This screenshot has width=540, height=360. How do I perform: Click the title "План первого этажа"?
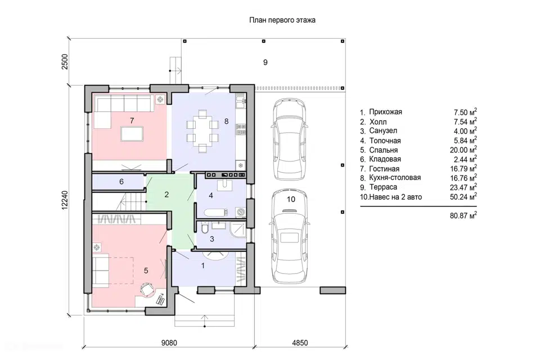coord(282,20)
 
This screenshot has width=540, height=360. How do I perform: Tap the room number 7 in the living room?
coord(132,120)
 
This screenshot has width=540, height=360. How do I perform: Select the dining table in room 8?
coord(202,131)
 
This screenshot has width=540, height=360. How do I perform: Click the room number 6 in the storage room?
coord(121,182)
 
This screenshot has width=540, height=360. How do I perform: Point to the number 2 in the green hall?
coord(166,195)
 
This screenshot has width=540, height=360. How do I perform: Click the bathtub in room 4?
coord(216,213)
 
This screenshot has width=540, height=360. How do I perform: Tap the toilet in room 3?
coord(205,228)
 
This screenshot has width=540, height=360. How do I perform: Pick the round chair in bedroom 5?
coord(147,289)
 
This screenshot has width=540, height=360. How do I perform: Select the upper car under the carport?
coord(289,138)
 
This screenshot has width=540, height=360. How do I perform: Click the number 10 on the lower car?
coord(291,199)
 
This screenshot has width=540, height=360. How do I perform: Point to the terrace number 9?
coord(265,62)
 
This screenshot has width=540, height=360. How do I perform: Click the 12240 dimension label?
coord(65,200)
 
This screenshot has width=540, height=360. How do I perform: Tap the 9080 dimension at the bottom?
coord(169,343)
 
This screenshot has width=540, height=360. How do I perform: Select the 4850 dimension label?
coord(300,343)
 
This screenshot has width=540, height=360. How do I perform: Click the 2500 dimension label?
coord(65,62)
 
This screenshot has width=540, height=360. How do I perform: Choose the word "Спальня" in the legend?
coord(383,150)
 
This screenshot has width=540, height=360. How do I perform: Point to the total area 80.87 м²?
coord(463,215)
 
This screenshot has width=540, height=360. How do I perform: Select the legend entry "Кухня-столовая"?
coord(395,178)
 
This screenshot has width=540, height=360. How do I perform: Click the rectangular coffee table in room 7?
coord(132,134)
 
